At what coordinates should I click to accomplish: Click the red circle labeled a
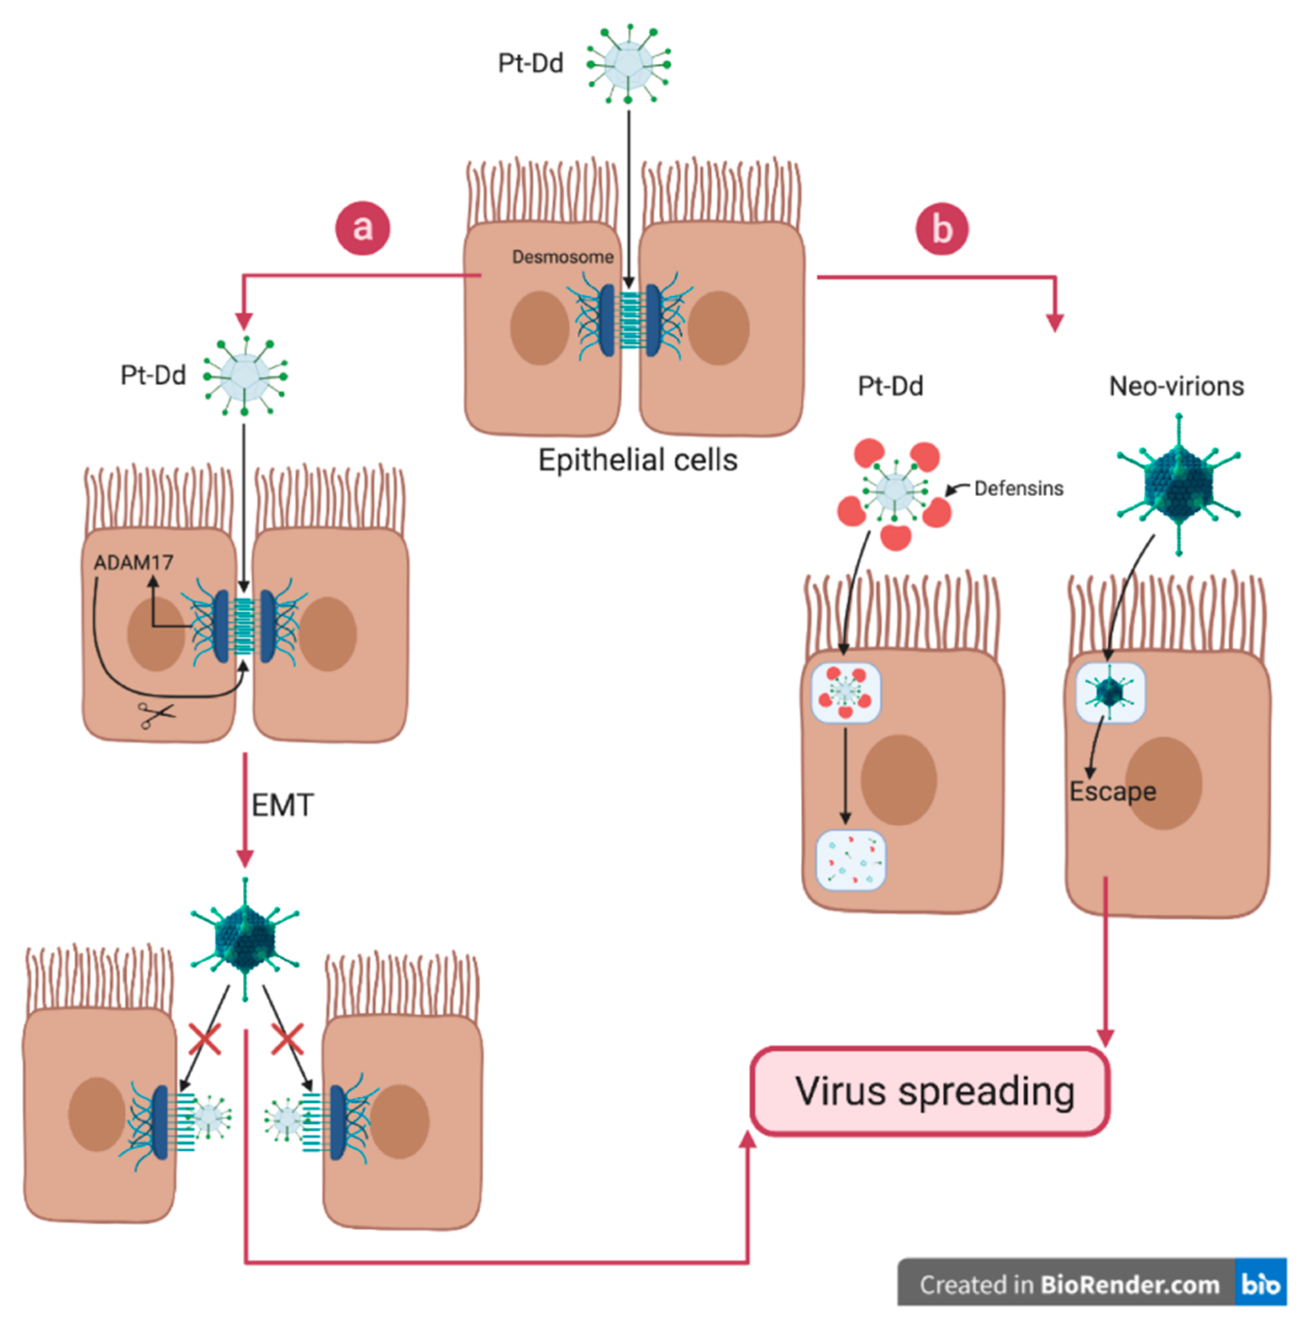pyautogui.click(x=362, y=228)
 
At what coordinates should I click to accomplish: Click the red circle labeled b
pyautogui.click(x=942, y=229)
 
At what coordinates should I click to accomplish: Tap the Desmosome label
pyautogui.click(x=563, y=257)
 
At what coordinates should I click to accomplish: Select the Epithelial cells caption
pyautogui.click(x=637, y=460)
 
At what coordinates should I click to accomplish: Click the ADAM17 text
pyautogui.click(x=133, y=563)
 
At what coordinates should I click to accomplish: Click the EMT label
pyautogui.click(x=282, y=804)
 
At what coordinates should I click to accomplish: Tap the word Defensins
pyautogui.click(x=1018, y=488)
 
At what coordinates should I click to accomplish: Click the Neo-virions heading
pyautogui.click(x=1176, y=386)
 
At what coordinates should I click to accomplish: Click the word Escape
pyautogui.click(x=1112, y=792)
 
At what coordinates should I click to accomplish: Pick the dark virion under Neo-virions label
pyautogui.click(x=1178, y=484)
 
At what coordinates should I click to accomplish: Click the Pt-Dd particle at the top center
pyautogui.click(x=628, y=64)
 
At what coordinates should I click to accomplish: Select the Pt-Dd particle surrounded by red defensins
pyautogui.click(x=894, y=490)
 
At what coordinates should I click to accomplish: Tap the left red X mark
pyautogui.click(x=205, y=1039)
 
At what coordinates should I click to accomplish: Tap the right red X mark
pyautogui.click(x=287, y=1039)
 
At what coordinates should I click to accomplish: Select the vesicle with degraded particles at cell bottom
pyautogui.click(x=850, y=860)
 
